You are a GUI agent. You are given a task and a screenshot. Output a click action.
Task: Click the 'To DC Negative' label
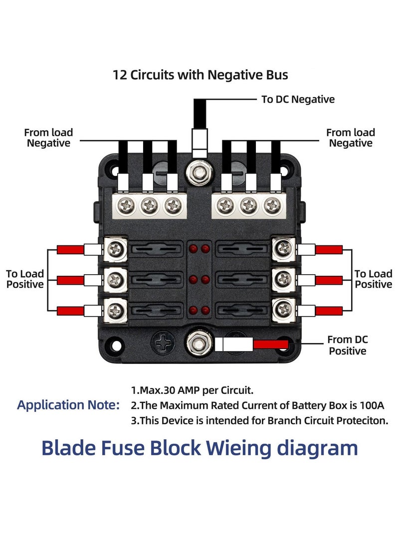pyautogui.click(x=298, y=99)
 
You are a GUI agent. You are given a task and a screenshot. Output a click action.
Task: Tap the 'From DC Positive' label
pyautogui.click(x=347, y=345)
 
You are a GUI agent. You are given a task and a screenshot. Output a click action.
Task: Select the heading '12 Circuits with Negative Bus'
pyautogui.click(x=200, y=75)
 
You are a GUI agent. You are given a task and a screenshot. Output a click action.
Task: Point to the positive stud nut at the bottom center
pyautogui.click(x=199, y=342)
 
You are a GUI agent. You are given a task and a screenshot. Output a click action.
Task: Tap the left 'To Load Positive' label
pyautogui.click(x=25, y=279)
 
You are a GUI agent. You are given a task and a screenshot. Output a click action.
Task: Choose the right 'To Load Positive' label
pyautogui.click(x=373, y=279)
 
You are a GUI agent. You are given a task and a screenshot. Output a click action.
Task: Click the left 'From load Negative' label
pyautogui.click(x=48, y=138)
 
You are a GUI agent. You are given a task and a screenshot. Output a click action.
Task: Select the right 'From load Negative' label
pyautogui.click(x=350, y=138)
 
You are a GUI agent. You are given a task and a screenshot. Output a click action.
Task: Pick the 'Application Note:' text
pyautogui.click(x=68, y=405)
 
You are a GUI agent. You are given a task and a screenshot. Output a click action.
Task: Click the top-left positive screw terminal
pyautogui.click(x=116, y=247)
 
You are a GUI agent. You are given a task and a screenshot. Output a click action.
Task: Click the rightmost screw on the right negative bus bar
pyautogui.click(x=271, y=204)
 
